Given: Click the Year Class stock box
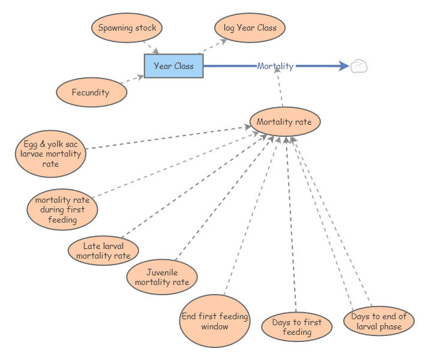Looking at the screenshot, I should (x=173, y=66).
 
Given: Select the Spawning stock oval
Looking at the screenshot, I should (x=127, y=28).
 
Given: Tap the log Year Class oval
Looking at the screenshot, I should (x=250, y=28).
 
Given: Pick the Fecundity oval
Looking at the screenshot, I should (x=91, y=92).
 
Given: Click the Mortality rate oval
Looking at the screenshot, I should (x=284, y=122).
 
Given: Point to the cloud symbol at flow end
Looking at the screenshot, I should (x=359, y=66).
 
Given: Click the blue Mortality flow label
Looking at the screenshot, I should (x=275, y=66).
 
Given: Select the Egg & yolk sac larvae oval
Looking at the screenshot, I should (x=51, y=154).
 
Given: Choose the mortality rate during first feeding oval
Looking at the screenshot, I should (x=62, y=209).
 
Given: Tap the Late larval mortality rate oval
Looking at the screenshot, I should (x=103, y=250).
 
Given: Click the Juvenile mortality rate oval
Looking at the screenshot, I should (x=162, y=277).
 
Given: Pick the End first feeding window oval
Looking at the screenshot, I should (x=215, y=321).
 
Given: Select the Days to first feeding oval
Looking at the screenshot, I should (x=296, y=326).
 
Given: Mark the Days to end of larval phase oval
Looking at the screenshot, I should (x=379, y=321).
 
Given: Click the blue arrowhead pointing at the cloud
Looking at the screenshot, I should (x=343, y=66).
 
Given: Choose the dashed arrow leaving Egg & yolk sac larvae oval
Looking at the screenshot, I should (x=168, y=137).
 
